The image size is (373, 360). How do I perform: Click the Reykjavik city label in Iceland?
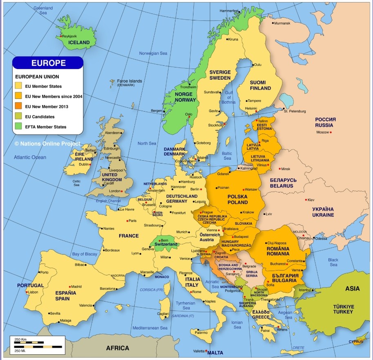click(69, 36)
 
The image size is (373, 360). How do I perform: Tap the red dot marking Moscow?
click(331, 132)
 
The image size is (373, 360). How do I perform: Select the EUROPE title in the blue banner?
click(49, 63)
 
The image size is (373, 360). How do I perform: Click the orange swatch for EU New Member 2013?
click(18, 106)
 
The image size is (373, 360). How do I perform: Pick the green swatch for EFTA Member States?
click(18, 127)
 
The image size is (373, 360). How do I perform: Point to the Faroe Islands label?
click(129, 81)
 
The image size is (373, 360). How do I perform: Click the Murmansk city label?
click(282, 23)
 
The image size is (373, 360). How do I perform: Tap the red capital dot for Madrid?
click(70, 287)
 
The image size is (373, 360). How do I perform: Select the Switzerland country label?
click(166, 244)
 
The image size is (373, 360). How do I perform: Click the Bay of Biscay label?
click(84, 254)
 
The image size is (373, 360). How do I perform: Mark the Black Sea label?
click(333, 262)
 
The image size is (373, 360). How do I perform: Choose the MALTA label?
click(215, 353)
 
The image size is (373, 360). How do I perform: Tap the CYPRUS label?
click(356, 342)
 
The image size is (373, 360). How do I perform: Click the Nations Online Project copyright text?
click(47, 144)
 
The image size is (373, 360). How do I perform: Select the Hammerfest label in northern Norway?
click(229, 11)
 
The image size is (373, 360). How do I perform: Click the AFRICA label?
click(118, 348)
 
